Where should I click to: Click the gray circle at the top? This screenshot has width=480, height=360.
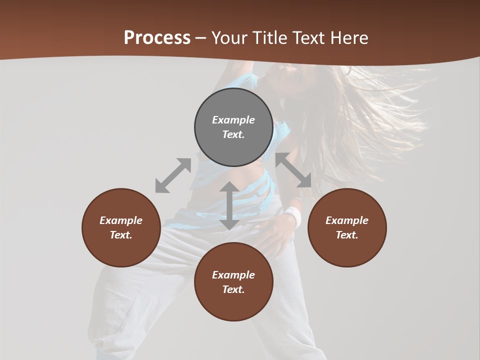pos(233,127)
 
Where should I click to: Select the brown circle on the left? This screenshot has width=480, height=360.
pos(121,227)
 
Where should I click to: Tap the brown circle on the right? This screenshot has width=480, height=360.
pos(347,227)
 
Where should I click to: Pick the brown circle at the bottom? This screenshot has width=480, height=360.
pos(233,282)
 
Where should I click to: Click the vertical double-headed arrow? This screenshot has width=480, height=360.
pos(229,205)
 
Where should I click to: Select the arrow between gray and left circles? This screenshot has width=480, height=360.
pos(173,175)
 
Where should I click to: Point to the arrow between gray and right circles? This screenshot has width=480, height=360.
pos(293,170)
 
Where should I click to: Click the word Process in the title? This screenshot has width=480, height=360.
pos(157,37)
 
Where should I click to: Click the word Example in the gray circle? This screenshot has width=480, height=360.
pos(233,120)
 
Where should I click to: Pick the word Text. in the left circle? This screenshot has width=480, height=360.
pos(121,235)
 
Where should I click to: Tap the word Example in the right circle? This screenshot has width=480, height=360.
pos(347,220)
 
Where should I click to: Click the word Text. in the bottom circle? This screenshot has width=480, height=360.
pos(233,289)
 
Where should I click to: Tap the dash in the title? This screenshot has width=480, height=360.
pos(201,38)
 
